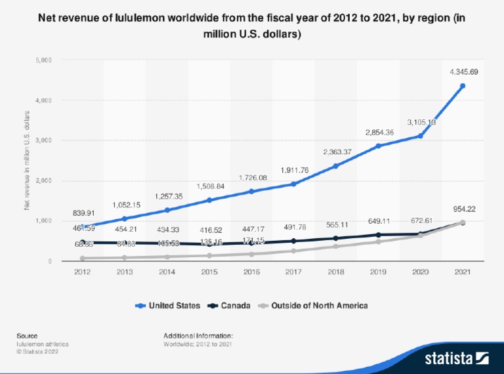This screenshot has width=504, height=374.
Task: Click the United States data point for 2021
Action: tap(463, 86)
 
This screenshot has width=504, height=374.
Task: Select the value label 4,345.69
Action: tap(463, 70)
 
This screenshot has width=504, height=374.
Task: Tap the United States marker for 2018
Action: tap(336, 165)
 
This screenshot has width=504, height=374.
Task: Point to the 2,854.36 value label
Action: tap(379, 133)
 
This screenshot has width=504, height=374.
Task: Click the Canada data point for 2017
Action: tap(294, 241)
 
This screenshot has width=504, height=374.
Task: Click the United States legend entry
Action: tap(171, 305)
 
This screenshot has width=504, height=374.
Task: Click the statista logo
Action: tap(457, 358)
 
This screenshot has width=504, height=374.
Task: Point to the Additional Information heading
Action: tap(198, 336)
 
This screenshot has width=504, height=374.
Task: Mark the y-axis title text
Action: tap(27, 161)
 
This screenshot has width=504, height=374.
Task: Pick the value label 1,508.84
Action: tap(209, 186)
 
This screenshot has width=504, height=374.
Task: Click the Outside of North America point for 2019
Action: tap(379, 241)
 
